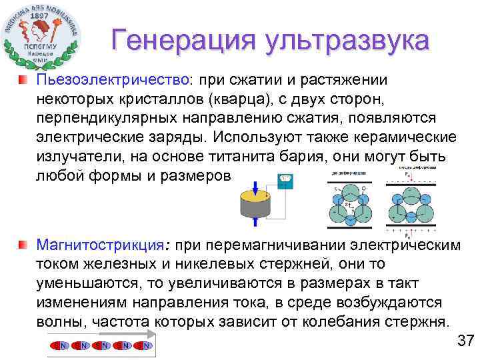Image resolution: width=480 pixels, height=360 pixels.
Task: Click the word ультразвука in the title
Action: click(346, 41)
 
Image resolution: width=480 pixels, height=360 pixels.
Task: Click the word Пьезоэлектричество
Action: click(113, 80)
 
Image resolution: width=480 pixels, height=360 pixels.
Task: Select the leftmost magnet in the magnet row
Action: click(62, 345)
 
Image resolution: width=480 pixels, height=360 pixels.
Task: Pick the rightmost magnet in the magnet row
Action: click(145, 345)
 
